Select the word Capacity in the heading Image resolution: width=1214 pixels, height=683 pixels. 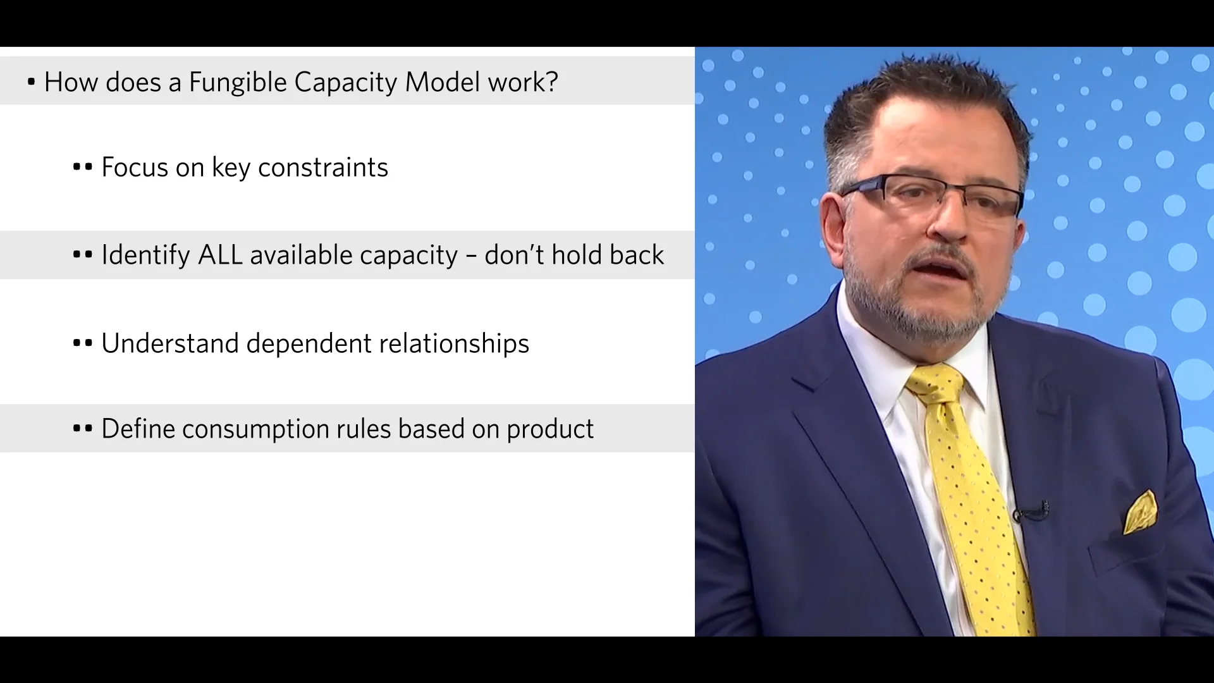point(345,82)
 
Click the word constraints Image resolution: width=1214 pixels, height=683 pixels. point(323,168)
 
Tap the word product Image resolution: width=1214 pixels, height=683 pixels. point(550,429)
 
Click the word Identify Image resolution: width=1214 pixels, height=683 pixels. point(145,255)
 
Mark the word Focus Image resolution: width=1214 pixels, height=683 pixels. point(134,168)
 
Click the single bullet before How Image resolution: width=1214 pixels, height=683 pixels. point(31,82)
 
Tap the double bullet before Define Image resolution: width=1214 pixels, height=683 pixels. point(82,429)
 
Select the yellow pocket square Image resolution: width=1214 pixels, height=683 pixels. point(1140,514)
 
